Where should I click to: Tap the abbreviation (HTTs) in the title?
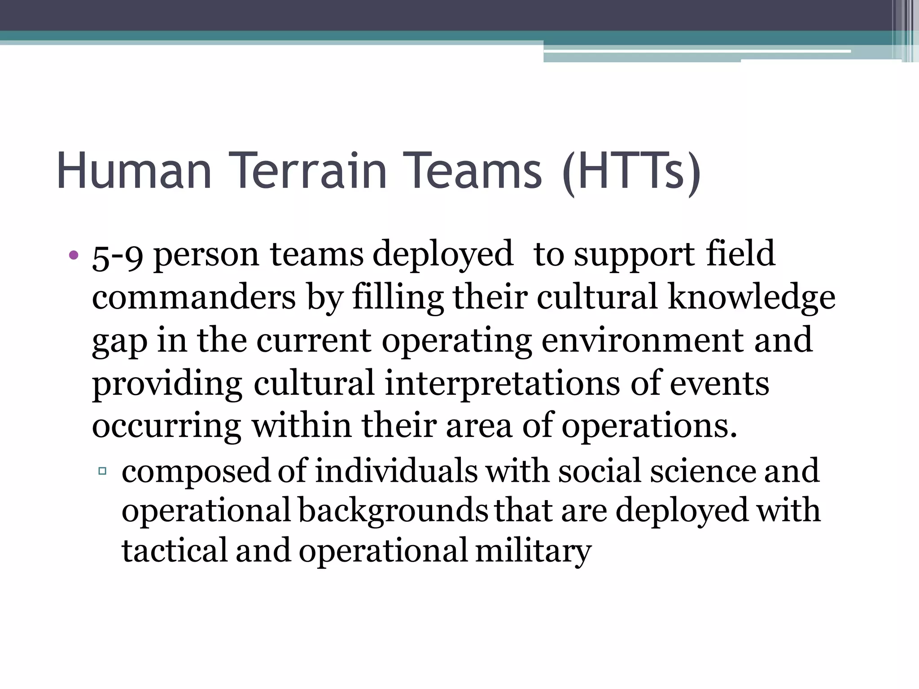(631, 172)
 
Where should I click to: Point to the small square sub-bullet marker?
(102, 471)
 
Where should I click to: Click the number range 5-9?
(118, 256)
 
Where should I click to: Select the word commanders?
(194, 297)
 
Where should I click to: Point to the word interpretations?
(502, 384)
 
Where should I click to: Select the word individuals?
(396, 471)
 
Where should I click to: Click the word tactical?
(175, 551)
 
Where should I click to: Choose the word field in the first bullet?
(740, 254)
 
